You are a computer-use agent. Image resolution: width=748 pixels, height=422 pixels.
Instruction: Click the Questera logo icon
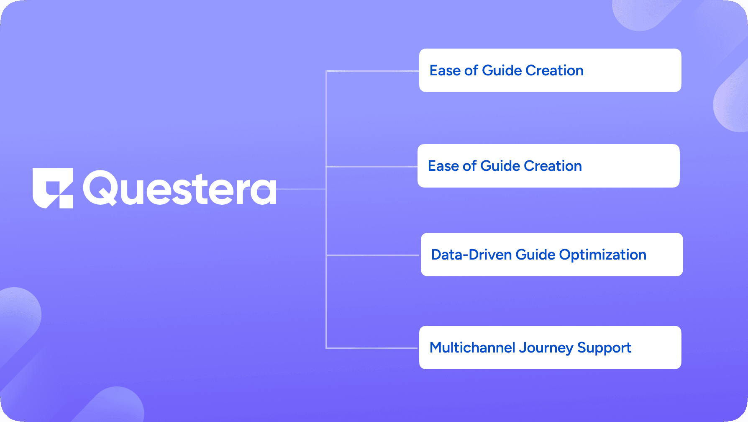click(53, 188)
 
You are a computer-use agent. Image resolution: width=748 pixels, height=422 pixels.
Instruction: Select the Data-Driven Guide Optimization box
click(551, 255)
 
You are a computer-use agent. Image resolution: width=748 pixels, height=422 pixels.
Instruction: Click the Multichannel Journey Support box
click(550, 347)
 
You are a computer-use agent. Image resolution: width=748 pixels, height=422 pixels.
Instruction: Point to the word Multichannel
click(472, 347)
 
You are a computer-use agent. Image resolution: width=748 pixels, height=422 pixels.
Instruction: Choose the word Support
click(604, 348)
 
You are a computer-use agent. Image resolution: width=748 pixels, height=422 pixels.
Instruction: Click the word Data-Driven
click(471, 255)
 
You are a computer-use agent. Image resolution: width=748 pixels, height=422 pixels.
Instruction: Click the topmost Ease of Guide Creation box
click(550, 70)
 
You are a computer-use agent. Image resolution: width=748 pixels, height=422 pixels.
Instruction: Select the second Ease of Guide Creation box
click(548, 166)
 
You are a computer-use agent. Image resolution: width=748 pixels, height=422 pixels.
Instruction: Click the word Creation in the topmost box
click(554, 70)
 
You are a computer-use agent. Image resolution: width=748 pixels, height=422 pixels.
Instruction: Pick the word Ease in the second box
click(443, 166)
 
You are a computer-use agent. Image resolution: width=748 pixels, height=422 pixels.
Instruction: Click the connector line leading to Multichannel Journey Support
click(372, 348)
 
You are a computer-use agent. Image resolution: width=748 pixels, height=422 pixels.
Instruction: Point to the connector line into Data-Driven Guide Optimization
click(372, 255)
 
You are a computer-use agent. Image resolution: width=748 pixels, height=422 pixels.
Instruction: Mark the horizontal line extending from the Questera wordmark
click(301, 189)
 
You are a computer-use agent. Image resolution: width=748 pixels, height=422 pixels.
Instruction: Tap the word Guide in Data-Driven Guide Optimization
click(535, 255)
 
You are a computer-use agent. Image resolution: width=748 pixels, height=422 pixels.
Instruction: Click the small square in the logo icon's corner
click(66, 201)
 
